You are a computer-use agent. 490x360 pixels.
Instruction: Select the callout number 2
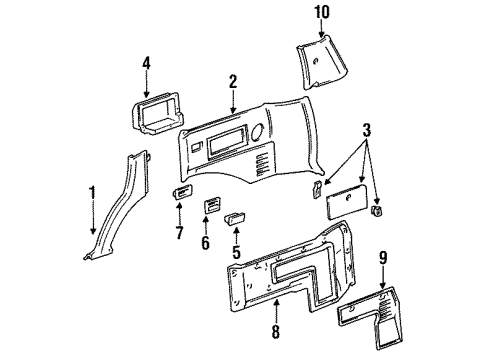[x=232, y=82]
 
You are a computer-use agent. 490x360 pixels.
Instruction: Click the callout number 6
[x=206, y=243]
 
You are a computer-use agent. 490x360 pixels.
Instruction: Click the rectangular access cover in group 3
[x=353, y=204]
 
